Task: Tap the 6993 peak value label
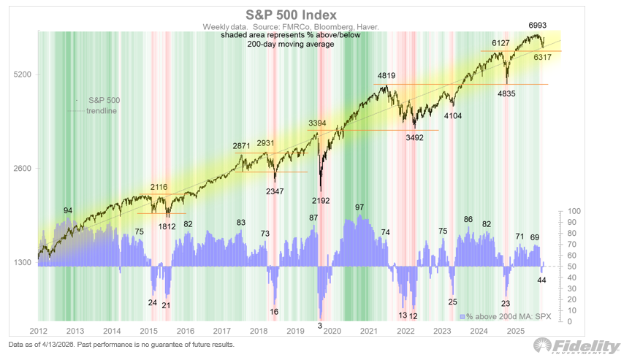541,25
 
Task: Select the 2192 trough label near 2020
321,200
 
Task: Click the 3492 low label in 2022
415,137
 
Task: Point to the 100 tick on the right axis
574,211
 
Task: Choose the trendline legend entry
102,111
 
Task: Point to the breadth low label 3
320,325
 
